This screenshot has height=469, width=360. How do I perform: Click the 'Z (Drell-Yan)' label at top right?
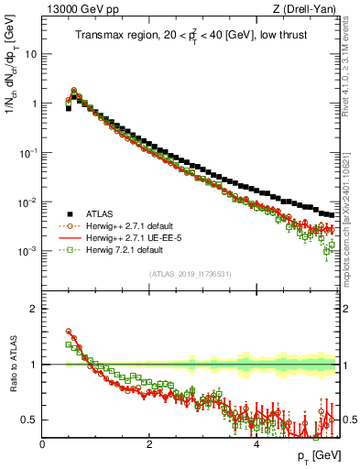click(307, 9)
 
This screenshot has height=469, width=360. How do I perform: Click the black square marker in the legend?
click(67, 212)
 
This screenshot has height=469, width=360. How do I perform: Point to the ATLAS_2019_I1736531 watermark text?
click(191, 274)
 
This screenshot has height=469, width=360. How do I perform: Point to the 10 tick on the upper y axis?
click(31, 53)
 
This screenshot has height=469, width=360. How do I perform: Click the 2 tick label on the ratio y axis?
click(35, 309)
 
